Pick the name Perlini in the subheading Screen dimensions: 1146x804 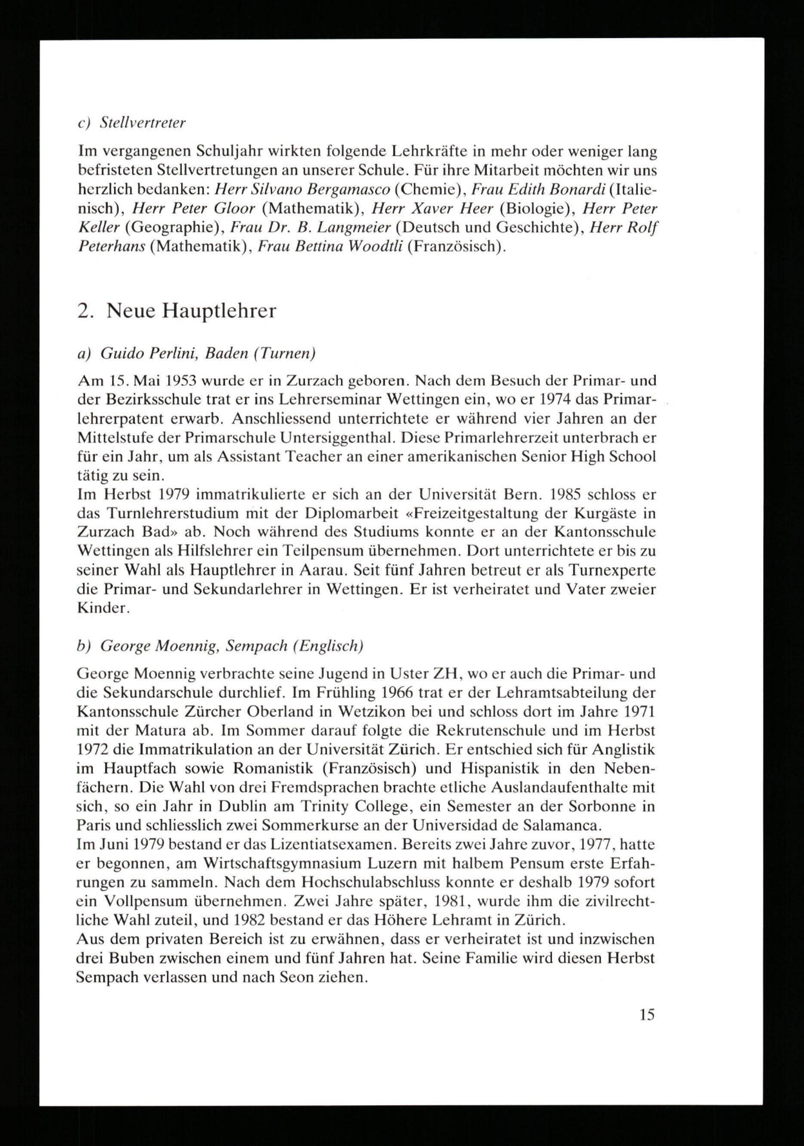coord(171,353)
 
